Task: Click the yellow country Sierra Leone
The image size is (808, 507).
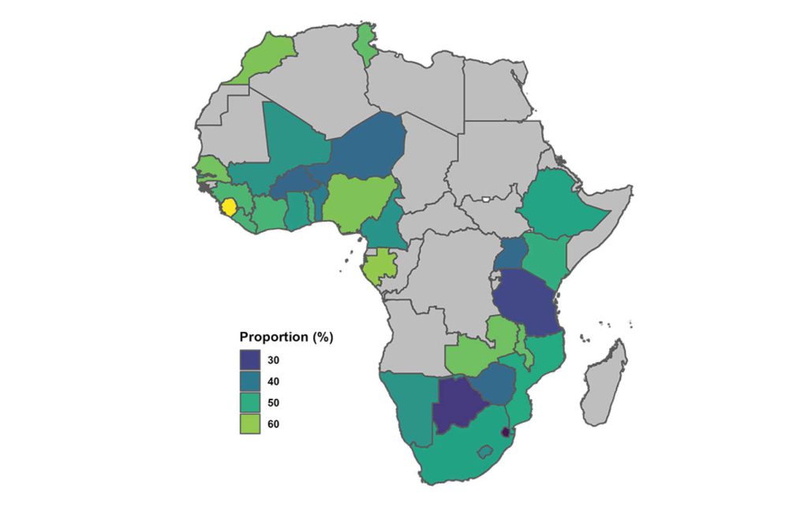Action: click(x=228, y=207)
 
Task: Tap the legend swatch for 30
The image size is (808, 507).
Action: click(x=251, y=360)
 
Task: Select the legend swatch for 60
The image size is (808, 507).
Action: click(x=251, y=423)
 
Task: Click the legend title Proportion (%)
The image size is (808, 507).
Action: click(x=286, y=337)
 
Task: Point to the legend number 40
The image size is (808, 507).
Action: click(x=274, y=382)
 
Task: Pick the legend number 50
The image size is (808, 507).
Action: click(x=274, y=403)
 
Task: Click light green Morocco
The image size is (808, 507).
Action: click(x=264, y=59)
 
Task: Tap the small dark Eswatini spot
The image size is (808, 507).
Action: click(x=505, y=432)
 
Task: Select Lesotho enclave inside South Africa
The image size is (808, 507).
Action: click(x=484, y=452)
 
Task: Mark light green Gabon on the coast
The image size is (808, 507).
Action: click(x=380, y=267)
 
